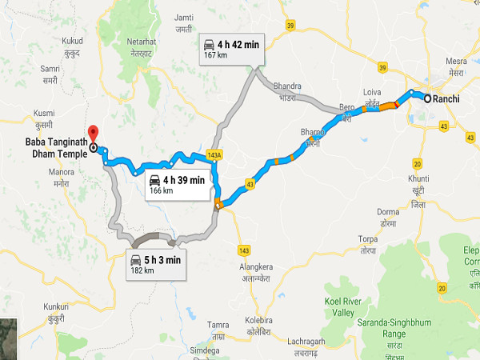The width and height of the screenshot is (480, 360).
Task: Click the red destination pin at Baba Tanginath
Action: pos(92,132)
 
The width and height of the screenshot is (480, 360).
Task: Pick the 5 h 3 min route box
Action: pos(156,264)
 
